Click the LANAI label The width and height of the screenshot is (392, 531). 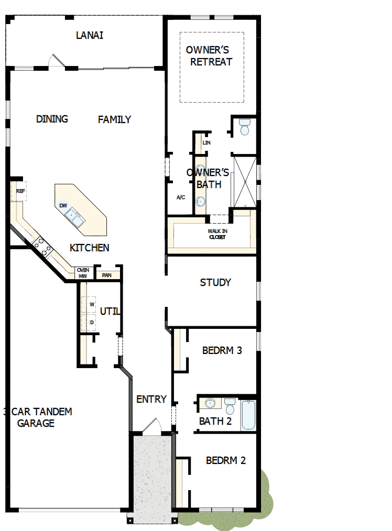[90, 36]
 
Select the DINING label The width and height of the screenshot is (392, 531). [52, 119]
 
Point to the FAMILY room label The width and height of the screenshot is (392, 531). [114, 119]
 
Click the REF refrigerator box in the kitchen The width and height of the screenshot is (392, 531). [19, 192]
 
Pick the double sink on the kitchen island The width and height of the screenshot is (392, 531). [76, 218]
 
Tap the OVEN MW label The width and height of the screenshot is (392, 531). [83, 273]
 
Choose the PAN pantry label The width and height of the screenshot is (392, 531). [107, 275]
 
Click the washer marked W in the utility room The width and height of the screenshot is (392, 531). [91, 304]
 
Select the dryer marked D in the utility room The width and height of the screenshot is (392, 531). [91, 322]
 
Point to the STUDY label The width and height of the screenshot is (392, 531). [215, 283]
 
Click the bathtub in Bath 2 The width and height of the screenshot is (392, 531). [248, 415]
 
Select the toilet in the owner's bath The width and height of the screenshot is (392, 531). [245, 128]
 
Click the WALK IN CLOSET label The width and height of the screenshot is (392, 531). [217, 234]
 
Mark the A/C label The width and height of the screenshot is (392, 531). [181, 197]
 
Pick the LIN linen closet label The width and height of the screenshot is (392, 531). [206, 142]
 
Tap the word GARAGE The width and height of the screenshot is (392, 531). [36, 423]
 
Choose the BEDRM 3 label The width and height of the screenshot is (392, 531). [222, 350]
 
